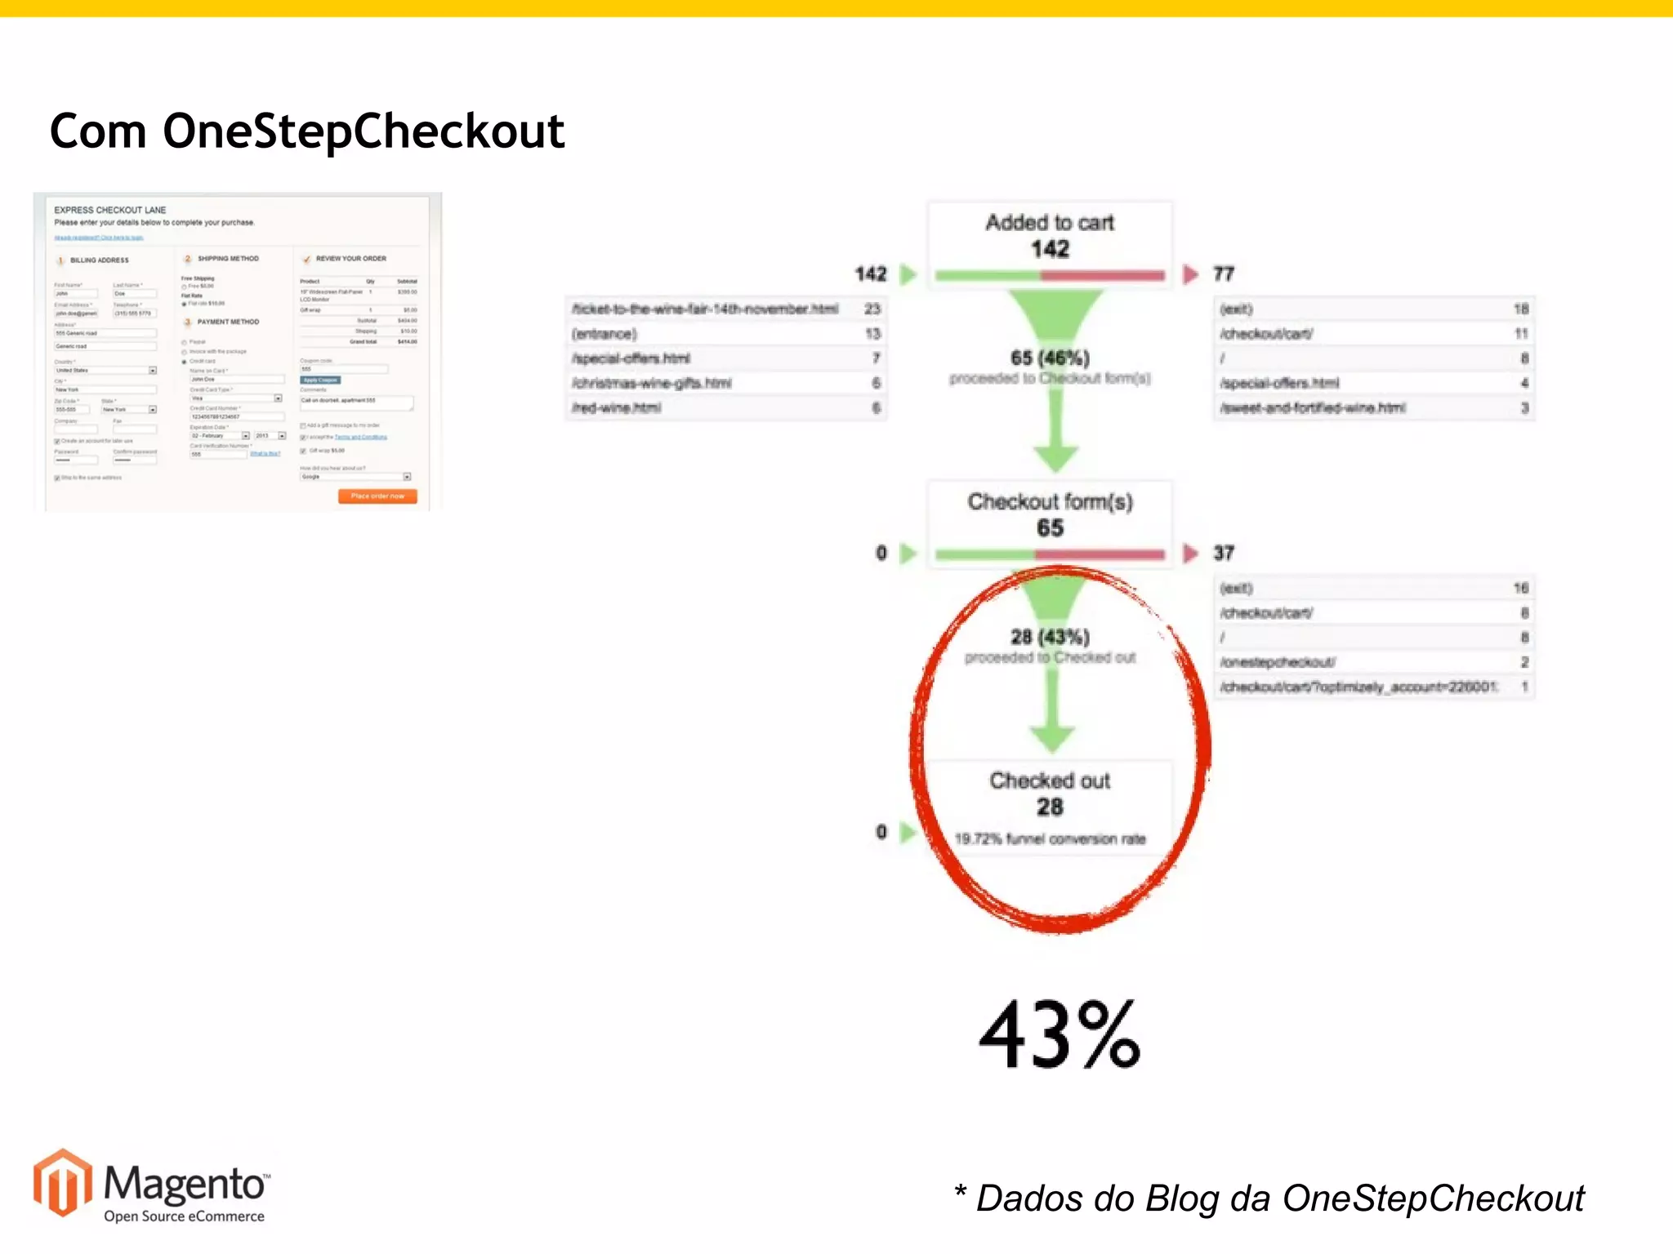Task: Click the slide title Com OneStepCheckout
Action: click(x=307, y=131)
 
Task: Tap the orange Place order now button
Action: click(x=377, y=496)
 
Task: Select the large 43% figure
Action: click(x=1060, y=1035)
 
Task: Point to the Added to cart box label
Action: click(x=1050, y=223)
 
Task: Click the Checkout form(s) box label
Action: click(x=1050, y=502)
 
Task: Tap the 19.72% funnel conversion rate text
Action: click(x=1050, y=838)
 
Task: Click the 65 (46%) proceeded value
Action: click(x=1050, y=358)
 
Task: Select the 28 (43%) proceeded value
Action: click(x=1050, y=637)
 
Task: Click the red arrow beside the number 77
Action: click(x=1191, y=274)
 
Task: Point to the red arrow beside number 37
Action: click(x=1191, y=554)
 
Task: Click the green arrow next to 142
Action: click(x=908, y=274)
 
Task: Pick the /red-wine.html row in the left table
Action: click(x=617, y=407)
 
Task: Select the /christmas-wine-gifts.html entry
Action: click(x=652, y=383)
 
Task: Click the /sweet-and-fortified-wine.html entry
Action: click(x=1313, y=407)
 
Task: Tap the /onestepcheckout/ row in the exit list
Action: click(x=1278, y=662)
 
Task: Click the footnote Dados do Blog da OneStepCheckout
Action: click(x=1271, y=1198)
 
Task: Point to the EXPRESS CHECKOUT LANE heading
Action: click(x=110, y=210)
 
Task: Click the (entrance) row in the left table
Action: click(x=605, y=334)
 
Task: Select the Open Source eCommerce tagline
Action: click(x=184, y=1216)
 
